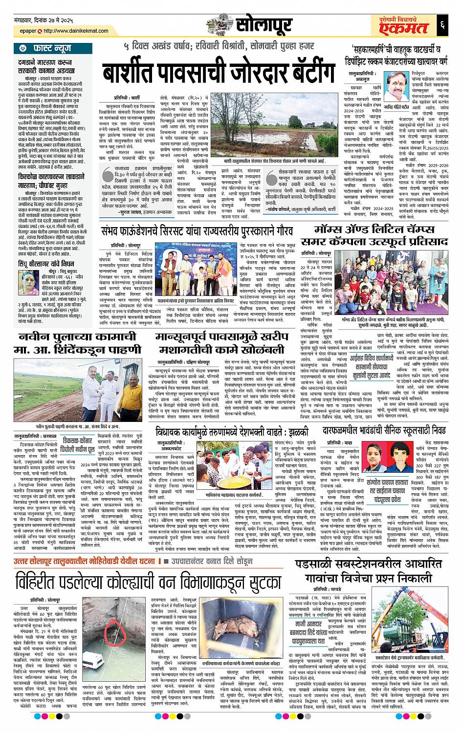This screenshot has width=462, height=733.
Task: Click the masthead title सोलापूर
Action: pos(264,23)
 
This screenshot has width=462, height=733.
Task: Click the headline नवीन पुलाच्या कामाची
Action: pos(74,337)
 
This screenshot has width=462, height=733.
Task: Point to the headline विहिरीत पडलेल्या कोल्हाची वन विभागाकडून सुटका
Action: pos(141,583)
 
